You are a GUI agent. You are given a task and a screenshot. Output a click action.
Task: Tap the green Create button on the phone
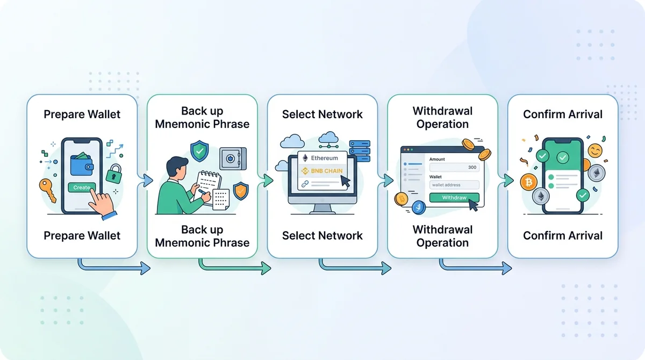(82, 188)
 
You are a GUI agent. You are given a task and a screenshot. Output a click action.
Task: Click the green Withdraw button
(454, 198)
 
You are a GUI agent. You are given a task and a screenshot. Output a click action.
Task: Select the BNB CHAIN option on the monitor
(322, 171)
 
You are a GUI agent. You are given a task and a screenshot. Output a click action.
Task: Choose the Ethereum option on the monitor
(322, 158)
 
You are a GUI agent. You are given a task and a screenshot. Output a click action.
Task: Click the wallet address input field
(454, 185)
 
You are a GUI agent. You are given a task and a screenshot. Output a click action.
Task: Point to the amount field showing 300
(454, 167)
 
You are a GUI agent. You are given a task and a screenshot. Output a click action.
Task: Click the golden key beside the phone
(47, 190)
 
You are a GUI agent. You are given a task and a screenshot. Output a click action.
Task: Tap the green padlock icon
(114, 174)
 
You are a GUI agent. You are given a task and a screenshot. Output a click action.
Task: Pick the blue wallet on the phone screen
(82, 164)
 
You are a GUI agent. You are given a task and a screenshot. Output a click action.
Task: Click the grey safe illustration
(233, 159)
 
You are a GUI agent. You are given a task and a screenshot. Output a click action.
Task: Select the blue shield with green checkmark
(199, 151)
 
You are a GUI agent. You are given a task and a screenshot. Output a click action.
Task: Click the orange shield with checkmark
(241, 191)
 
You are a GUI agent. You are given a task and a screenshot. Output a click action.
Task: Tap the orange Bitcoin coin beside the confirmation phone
(529, 182)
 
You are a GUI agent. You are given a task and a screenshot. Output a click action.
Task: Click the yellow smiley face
(595, 150)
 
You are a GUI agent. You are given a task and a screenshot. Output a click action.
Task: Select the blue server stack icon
(360, 151)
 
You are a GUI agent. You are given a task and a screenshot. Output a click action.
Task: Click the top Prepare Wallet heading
(82, 114)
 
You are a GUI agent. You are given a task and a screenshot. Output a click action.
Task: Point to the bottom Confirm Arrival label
(563, 236)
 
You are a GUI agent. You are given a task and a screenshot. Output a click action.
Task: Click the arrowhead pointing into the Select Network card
(268, 181)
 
